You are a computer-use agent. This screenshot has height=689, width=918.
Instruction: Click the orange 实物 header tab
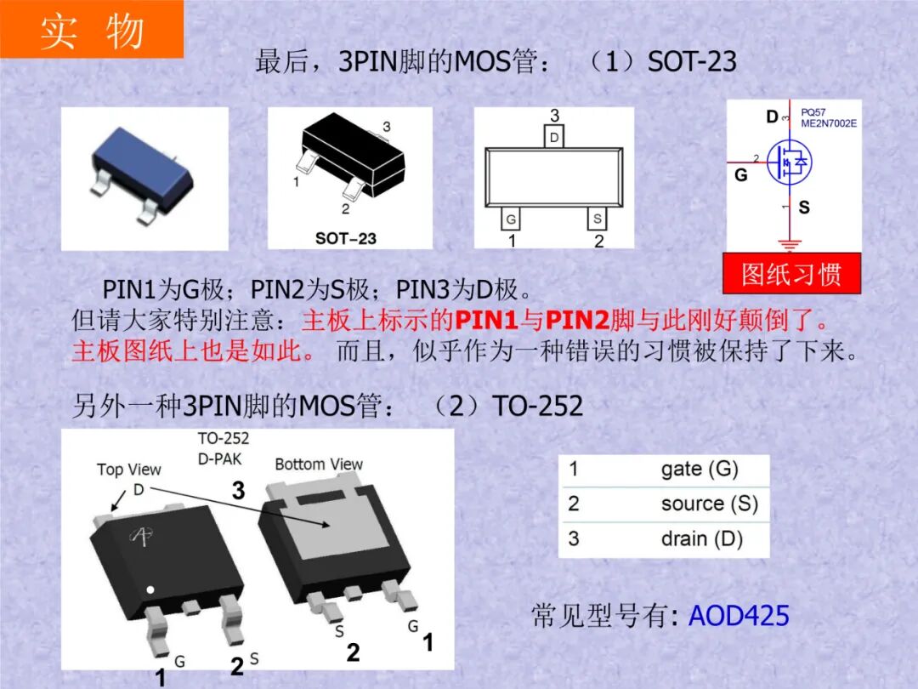pyautogui.click(x=91, y=30)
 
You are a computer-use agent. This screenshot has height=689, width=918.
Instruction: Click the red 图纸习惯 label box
pyautogui.click(x=791, y=274)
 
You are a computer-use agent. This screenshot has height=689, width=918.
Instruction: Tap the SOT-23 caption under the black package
pyautogui.click(x=346, y=238)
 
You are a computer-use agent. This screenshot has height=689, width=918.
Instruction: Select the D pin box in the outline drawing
pyautogui.click(x=554, y=137)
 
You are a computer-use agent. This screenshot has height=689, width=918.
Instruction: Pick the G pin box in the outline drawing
pyautogui.click(x=511, y=219)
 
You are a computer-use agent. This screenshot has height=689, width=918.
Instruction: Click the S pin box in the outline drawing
pyautogui.click(x=598, y=219)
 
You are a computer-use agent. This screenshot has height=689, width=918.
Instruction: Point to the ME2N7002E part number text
pyautogui.click(x=829, y=123)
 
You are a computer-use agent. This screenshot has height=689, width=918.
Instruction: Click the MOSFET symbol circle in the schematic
pyautogui.click(x=790, y=161)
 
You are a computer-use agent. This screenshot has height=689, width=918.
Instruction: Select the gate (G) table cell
pyautogui.click(x=700, y=470)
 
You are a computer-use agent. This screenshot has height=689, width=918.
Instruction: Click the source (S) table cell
pyautogui.click(x=709, y=504)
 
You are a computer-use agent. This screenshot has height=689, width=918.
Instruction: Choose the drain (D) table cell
pyautogui.click(x=701, y=538)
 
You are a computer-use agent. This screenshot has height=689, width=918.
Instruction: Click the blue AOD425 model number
pyautogui.click(x=739, y=615)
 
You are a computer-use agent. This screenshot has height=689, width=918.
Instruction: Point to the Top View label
pyautogui.click(x=128, y=470)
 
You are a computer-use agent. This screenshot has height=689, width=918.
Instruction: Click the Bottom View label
pyautogui.click(x=319, y=464)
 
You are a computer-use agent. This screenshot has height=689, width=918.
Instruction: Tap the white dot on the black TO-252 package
pyautogui.click(x=150, y=589)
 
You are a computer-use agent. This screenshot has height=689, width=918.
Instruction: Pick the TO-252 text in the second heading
pyautogui.click(x=538, y=407)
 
